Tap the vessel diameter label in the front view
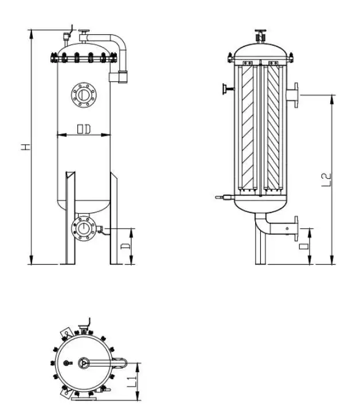point(83,130)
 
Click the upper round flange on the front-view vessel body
point(84,95)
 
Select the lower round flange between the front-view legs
point(84,229)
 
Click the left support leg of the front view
point(69,218)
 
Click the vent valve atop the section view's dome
point(261,35)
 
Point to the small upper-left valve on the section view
point(227,88)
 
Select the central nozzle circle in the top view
point(84,362)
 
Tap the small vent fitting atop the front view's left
point(68,34)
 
